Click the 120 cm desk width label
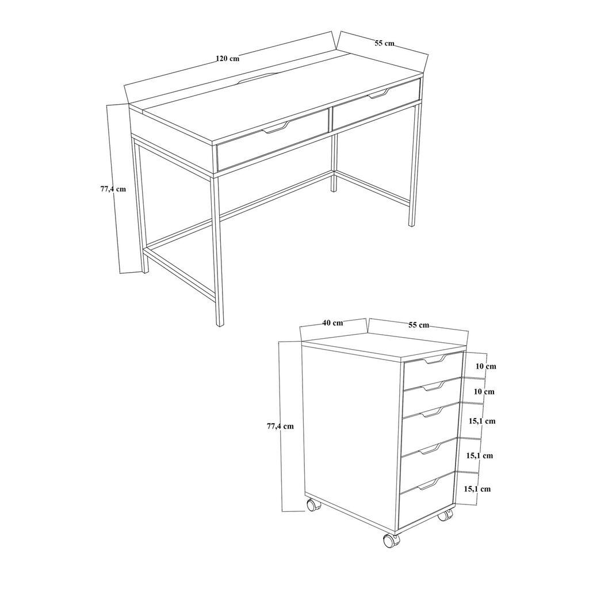click(228, 58)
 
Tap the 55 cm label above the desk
click(384, 43)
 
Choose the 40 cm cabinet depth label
click(332, 323)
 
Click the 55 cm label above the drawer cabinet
click(418, 325)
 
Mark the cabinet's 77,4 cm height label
click(280, 426)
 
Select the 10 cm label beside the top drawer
click(485, 366)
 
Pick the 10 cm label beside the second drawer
click(484, 392)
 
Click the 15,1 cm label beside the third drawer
click(481, 421)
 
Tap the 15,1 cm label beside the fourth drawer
click(479, 456)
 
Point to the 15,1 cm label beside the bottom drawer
click(477, 489)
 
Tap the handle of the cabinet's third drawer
click(431, 411)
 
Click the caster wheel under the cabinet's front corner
click(391, 540)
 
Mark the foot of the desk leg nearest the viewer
click(220, 323)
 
